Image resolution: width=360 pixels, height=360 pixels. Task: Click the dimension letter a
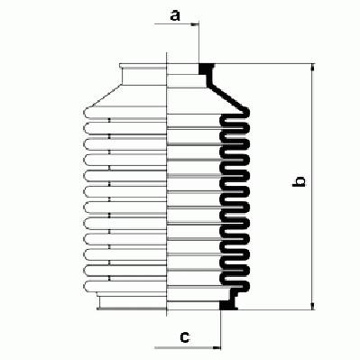(175, 15)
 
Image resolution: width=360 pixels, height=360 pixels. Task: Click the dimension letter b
(299, 182)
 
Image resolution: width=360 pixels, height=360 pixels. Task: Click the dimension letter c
(185, 337)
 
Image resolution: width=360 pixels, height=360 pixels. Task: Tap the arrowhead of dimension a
(195, 23)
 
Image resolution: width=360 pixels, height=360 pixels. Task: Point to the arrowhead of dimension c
(217, 347)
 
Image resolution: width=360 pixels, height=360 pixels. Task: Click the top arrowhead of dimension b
(313, 68)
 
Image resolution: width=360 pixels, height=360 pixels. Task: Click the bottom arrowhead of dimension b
(313, 306)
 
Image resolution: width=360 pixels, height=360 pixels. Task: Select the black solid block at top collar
(205, 69)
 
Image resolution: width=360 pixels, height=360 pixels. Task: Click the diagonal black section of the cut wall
(228, 97)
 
